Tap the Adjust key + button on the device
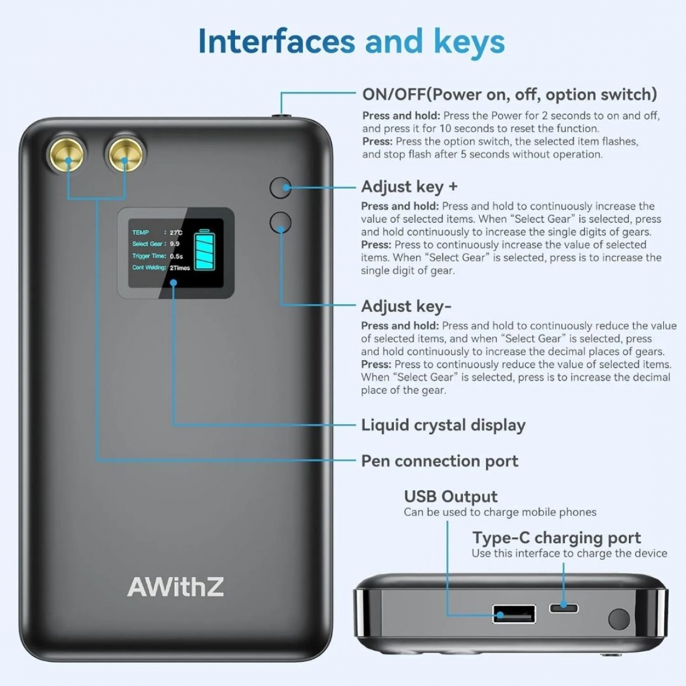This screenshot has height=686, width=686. [280, 188]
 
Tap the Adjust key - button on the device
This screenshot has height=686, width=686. [280, 222]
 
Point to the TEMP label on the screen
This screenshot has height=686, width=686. [141, 233]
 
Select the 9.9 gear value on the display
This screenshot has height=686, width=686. [174, 244]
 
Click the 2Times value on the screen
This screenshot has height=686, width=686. [180, 268]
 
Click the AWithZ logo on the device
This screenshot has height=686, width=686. [176, 587]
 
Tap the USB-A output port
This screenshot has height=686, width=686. [514, 614]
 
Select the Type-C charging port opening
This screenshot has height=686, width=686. [564, 608]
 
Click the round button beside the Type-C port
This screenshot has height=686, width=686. [619, 619]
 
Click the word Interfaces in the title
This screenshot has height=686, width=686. [276, 41]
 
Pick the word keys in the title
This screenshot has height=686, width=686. [469, 41]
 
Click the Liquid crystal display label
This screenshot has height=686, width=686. [443, 425]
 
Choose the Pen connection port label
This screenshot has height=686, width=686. [439, 461]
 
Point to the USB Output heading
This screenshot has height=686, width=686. [450, 496]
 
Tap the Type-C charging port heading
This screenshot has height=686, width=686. [556, 538]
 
